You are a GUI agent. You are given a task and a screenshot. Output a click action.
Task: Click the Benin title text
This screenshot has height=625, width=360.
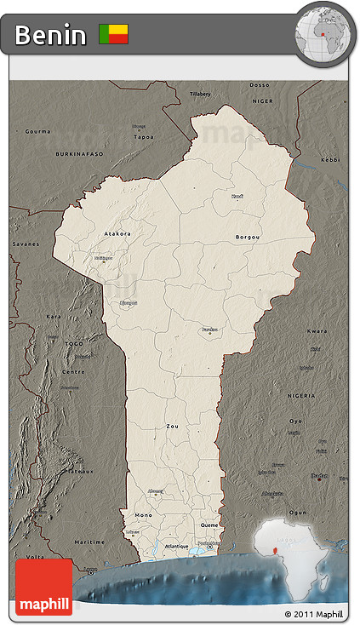click(50, 35)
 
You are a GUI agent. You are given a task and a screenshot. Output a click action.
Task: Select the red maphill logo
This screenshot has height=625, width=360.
click(44, 587)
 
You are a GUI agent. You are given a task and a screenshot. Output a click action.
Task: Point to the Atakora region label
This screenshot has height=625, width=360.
click(117, 232)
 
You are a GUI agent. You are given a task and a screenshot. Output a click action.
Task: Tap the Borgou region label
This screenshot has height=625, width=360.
click(248, 237)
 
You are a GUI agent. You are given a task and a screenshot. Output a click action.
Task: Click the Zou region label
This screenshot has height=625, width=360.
click(173, 425)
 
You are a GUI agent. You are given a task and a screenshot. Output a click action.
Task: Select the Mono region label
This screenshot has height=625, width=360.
click(143, 516)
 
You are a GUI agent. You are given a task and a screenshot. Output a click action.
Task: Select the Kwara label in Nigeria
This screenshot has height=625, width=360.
click(317, 330)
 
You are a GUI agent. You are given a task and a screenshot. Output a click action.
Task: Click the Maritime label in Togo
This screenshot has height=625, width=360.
click(89, 542)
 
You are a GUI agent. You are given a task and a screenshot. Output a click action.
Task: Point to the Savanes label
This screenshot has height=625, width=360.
click(26, 244)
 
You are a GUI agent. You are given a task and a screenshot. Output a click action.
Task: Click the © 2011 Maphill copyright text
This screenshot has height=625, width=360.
click(314, 614)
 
